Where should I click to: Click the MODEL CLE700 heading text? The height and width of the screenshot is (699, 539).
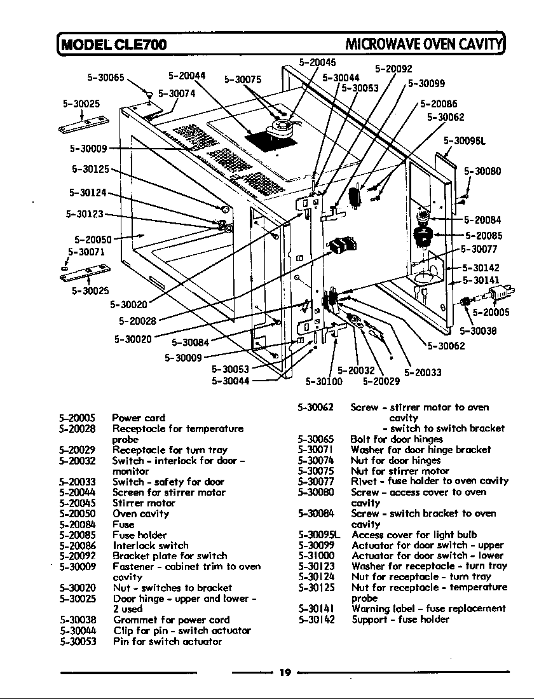point(114,44)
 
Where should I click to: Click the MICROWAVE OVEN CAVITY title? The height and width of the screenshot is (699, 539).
point(423,44)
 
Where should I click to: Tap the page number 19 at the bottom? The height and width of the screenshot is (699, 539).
point(285,673)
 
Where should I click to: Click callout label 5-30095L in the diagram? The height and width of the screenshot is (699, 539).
point(465,141)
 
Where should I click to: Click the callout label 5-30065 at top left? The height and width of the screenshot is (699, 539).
point(106,78)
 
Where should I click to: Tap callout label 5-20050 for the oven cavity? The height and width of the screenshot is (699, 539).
point(93,240)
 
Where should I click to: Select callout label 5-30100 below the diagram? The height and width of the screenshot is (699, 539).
point(324,382)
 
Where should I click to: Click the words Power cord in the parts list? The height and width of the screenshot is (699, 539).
point(139,417)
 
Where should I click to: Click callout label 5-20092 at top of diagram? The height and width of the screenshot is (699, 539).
point(393,69)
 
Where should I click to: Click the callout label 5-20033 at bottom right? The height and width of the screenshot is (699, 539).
point(423,372)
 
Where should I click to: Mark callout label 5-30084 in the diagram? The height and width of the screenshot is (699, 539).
point(190,344)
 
